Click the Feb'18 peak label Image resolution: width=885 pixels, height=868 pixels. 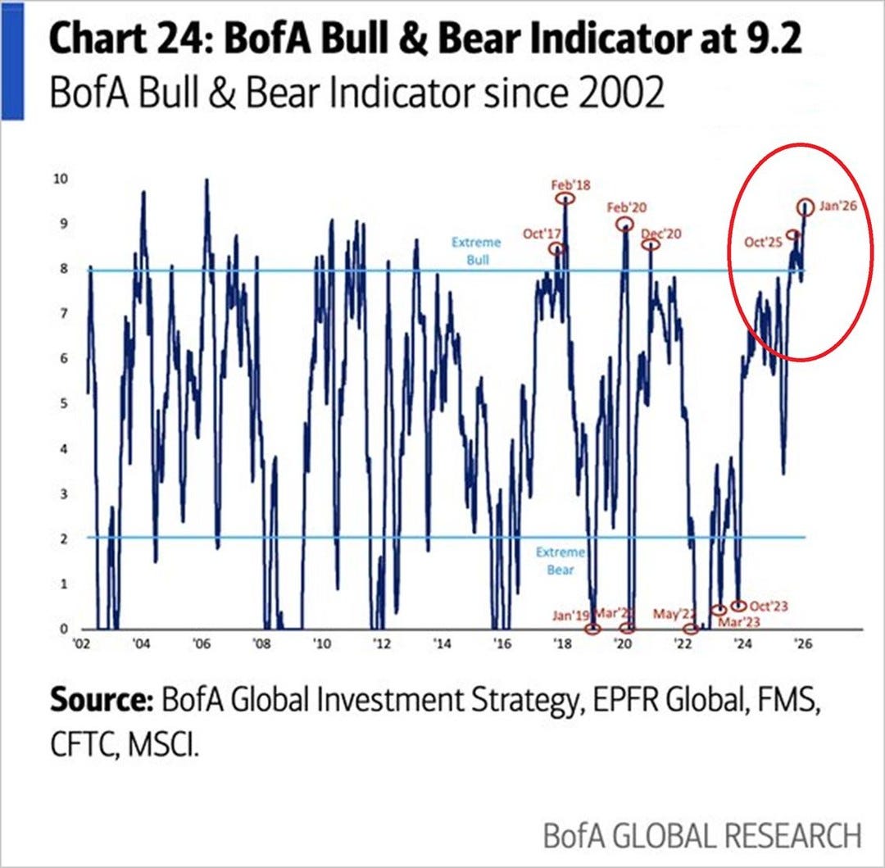(x=570, y=185)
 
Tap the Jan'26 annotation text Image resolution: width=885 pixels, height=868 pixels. (x=837, y=206)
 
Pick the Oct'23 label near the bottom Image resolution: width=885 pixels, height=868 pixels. (x=769, y=606)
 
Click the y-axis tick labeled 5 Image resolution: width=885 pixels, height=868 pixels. (x=60, y=404)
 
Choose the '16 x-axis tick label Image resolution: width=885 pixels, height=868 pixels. (x=501, y=644)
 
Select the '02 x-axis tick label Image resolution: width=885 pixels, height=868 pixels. (x=82, y=644)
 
